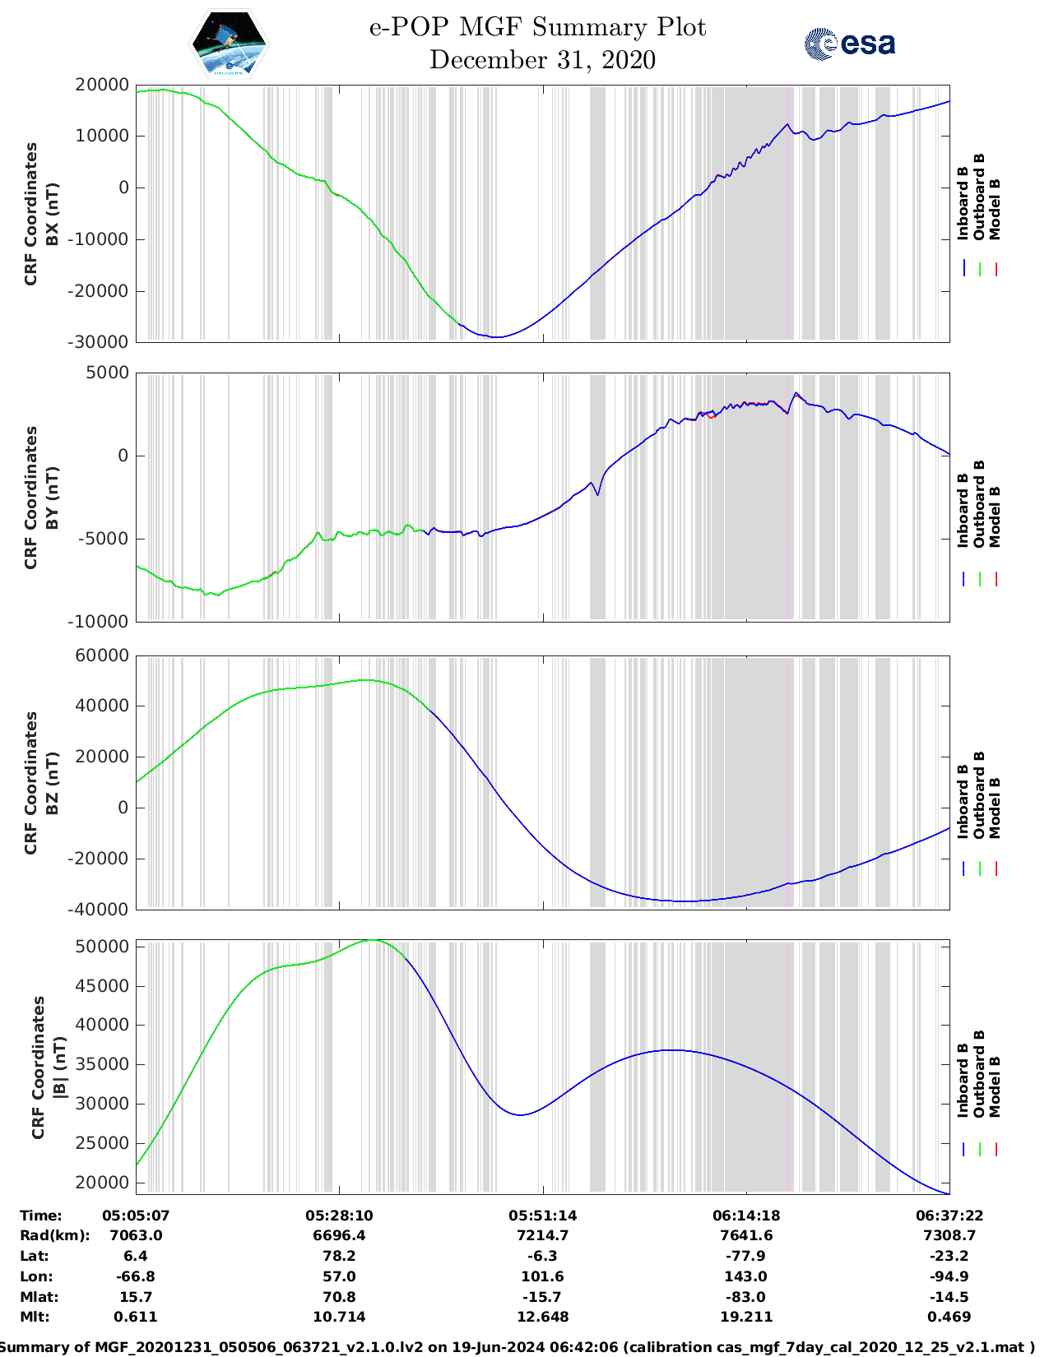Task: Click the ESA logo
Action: tap(849, 44)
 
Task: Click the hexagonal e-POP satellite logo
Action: tap(229, 44)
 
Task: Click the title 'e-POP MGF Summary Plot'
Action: tap(537, 27)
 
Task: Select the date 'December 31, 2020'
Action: tap(542, 60)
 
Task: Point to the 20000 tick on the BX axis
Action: tap(101, 85)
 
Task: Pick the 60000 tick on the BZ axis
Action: tap(101, 655)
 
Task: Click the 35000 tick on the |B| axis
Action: tap(101, 1064)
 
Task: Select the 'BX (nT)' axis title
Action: tap(52, 214)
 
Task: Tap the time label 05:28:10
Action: tap(339, 1216)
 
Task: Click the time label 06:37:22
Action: tap(949, 1216)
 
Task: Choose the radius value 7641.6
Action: tap(746, 1235)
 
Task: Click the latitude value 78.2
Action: tap(339, 1256)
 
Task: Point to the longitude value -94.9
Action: tap(949, 1276)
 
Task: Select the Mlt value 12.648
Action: tap(542, 1317)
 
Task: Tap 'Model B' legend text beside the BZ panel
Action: tap(995, 808)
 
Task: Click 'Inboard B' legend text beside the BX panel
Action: tap(963, 203)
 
